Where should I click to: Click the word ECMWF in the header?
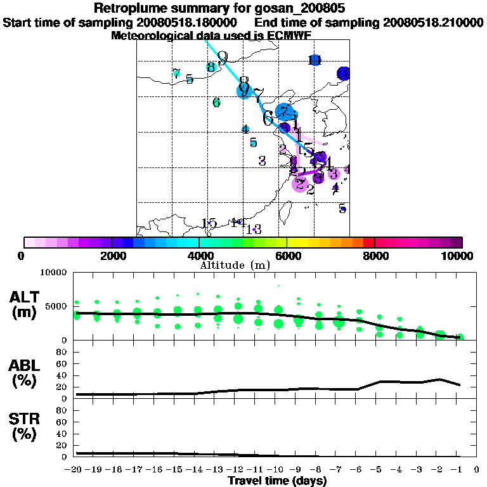[x=287, y=36]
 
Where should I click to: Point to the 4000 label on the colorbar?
[x=198, y=256]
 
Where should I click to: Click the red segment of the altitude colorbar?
[x=368, y=242]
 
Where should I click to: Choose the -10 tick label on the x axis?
[x=277, y=470]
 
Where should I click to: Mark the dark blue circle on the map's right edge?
[x=344, y=74]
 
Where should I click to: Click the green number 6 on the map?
[x=216, y=102]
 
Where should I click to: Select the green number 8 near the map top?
[x=211, y=67]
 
